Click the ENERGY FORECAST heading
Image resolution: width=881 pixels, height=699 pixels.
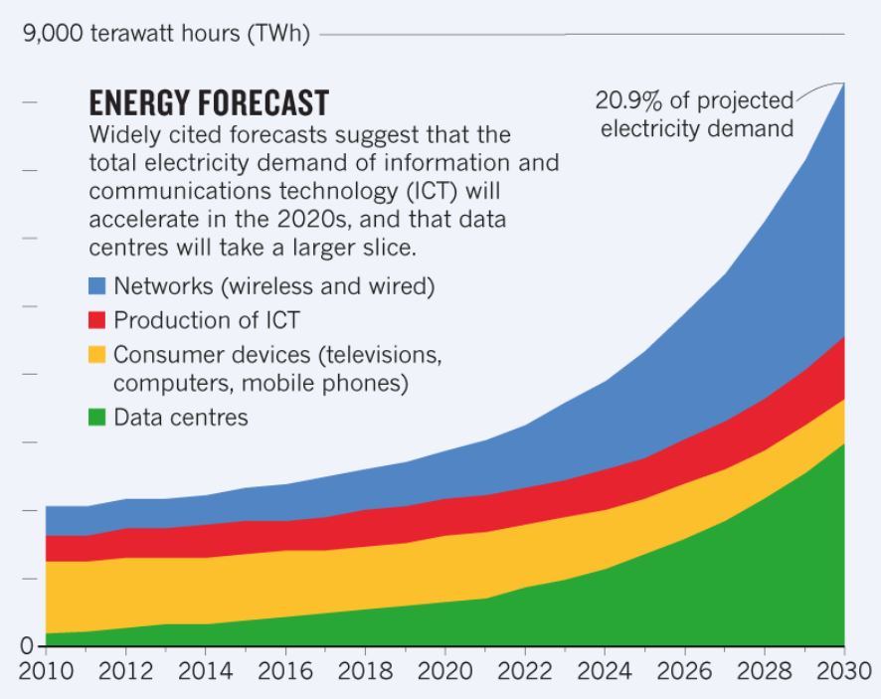tap(208, 103)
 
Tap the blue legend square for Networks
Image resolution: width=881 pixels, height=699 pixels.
tap(96, 287)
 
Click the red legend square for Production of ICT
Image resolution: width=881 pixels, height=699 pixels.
tap(96, 320)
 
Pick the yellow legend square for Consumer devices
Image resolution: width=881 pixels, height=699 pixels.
tap(96, 354)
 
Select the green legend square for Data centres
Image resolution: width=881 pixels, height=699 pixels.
tap(96, 418)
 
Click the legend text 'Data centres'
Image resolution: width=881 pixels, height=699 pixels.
tap(180, 418)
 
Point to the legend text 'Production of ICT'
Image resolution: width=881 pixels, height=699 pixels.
tap(206, 320)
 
